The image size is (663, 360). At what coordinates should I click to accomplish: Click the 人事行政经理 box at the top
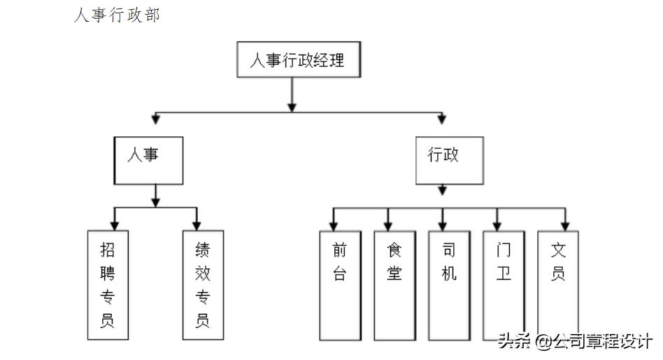click(296, 60)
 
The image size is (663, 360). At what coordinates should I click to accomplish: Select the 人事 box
click(148, 160)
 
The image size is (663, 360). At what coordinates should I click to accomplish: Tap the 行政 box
click(449, 160)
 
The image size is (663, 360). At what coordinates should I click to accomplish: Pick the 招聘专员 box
click(108, 285)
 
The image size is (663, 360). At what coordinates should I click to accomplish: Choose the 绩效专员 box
click(203, 285)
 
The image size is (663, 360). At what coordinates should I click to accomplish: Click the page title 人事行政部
click(117, 15)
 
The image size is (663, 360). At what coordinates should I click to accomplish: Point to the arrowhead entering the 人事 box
click(156, 119)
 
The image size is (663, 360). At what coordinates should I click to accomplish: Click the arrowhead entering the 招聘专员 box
click(114, 225)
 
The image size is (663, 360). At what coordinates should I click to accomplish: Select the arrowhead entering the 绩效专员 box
click(197, 225)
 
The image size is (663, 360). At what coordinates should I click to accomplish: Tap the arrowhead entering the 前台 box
click(334, 225)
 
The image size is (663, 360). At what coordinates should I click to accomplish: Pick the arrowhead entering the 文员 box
click(566, 225)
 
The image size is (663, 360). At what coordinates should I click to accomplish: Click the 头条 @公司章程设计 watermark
click(575, 342)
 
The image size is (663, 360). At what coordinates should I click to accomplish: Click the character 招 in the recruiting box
click(108, 250)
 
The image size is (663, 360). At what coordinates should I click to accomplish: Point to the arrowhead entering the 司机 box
click(442, 225)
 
